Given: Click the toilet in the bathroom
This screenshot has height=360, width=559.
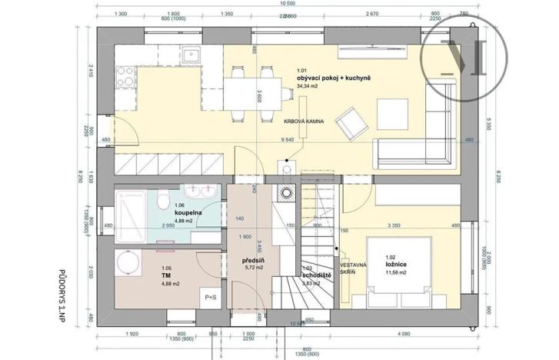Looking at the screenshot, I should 161,202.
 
